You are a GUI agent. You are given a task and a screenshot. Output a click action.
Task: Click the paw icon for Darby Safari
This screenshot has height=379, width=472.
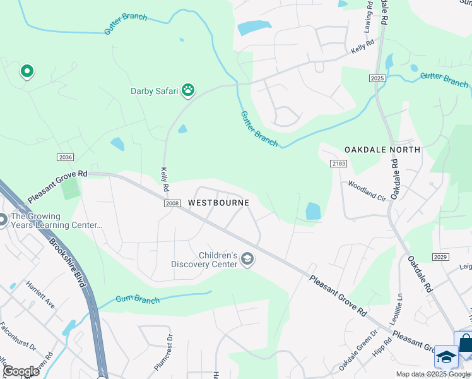pos(188,90)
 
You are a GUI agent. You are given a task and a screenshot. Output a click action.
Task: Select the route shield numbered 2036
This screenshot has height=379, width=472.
pos(65,157)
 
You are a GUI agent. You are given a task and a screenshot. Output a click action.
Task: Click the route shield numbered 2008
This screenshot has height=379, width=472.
pos(172,203)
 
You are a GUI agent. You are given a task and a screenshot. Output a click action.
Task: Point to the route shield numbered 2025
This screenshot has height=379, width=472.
pos(377,78)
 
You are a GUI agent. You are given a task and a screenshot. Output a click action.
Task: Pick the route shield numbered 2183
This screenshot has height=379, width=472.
pos(339,164)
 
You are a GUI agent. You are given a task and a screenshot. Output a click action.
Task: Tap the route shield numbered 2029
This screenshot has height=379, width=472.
pos(440,256)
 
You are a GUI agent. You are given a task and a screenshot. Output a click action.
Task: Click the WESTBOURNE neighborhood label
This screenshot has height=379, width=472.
pos(218,203)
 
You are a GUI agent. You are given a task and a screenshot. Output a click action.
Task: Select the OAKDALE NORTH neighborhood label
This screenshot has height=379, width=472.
pos(382,150)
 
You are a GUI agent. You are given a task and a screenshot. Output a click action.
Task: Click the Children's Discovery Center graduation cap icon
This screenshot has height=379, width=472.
pos(247,259)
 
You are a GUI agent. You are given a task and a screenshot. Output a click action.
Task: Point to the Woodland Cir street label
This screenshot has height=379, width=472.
pos(367,190)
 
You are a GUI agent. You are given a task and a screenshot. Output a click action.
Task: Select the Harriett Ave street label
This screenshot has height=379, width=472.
pos(40,295)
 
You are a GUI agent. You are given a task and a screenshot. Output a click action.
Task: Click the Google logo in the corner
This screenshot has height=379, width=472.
pos(21,371)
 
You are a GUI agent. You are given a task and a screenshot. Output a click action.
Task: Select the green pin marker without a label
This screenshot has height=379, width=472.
pos(27,72)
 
